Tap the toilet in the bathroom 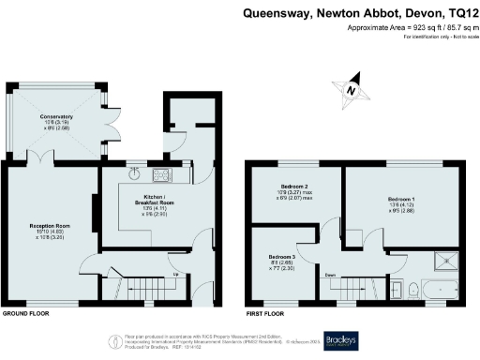(x=398, y=290)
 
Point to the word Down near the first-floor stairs (x=331, y=275)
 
